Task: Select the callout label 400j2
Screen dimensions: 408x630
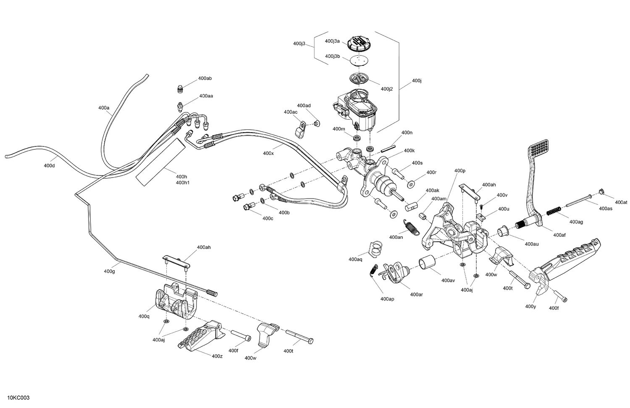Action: coord(386,89)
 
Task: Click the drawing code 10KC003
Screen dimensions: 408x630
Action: coord(18,398)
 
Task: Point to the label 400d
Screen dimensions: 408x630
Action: coord(49,165)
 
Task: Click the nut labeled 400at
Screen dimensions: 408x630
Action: coord(601,192)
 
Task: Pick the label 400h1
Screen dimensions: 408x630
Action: coord(182,183)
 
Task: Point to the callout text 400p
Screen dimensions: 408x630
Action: coord(460,171)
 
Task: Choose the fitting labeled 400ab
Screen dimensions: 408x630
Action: coord(179,89)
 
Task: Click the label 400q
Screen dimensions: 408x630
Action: coord(144,316)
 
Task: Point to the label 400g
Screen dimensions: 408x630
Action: coord(109,271)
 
